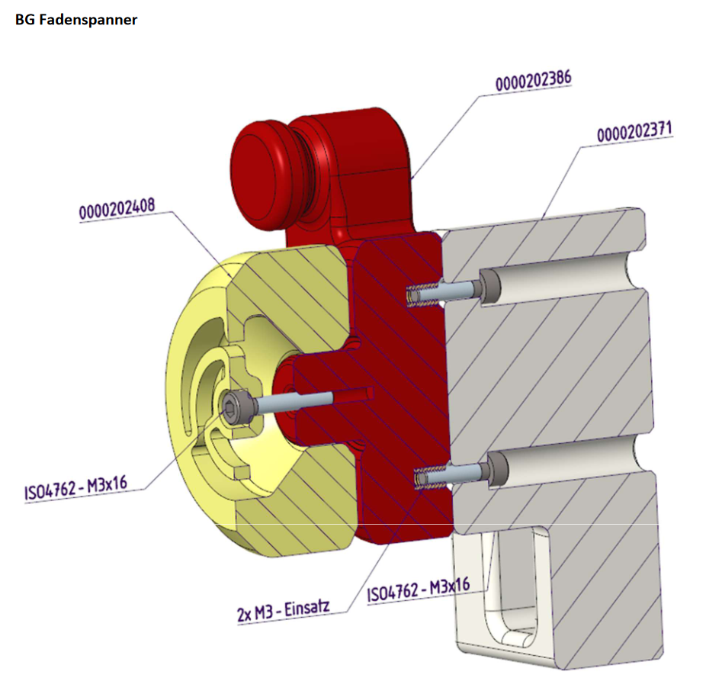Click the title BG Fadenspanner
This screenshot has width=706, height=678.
(x=76, y=21)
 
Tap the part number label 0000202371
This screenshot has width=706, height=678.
(x=634, y=133)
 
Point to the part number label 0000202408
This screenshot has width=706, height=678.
(x=117, y=210)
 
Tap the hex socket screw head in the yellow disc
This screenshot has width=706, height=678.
(x=233, y=405)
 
